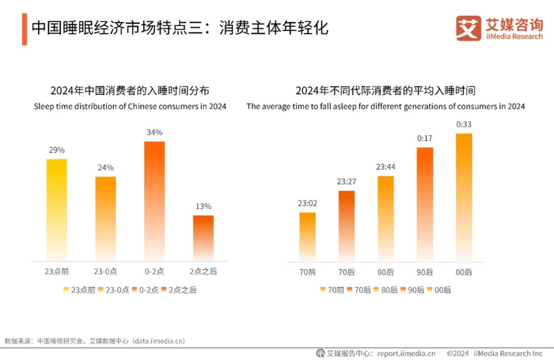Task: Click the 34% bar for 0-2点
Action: coord(154,201)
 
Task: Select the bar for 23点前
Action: coord(56,210)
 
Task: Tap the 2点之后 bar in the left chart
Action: coord(203,237)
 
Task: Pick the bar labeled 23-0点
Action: coord(105,218)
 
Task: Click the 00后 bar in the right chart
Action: coord(465,197)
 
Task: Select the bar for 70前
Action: coord(307,237)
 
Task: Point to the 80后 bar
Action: coord(385,218)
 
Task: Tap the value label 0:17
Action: coord(425,138)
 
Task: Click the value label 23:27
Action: coord(346,181)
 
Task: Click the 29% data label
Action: coord(56,150)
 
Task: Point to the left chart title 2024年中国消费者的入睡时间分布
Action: coord(129,90)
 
